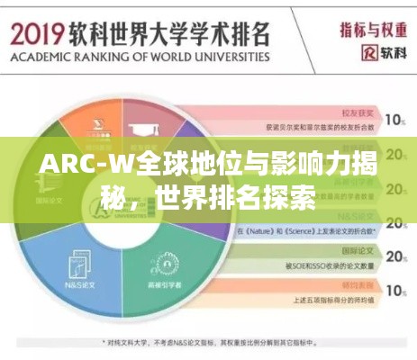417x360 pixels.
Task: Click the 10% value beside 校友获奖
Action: point(394,119)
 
